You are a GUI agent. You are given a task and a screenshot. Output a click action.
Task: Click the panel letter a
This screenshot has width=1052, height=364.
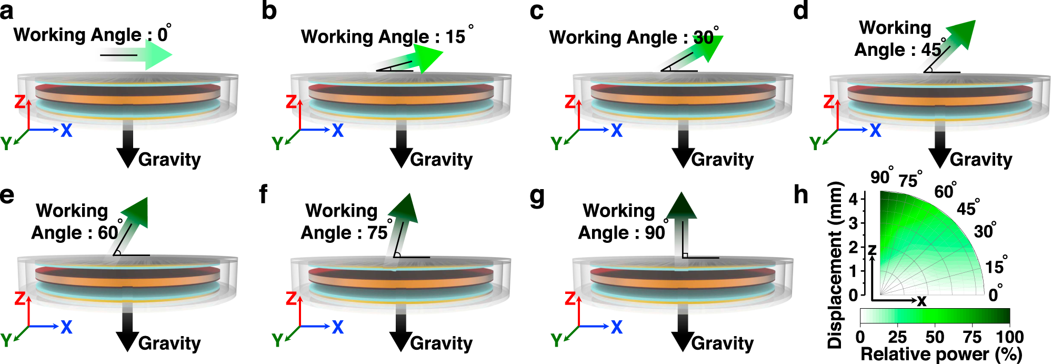pos(7,12)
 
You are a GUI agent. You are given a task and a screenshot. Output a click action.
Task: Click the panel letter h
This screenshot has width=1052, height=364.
pos(801,195)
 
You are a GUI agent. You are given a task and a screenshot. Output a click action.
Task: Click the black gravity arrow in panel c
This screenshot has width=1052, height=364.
pos(683,147)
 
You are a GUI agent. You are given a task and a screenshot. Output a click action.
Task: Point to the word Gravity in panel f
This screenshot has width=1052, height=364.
pos(441,343)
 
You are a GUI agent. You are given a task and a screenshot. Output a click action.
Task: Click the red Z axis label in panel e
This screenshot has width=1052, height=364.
pos(20,299)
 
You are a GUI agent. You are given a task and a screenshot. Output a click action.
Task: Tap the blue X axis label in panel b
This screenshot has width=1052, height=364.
pos(337,130)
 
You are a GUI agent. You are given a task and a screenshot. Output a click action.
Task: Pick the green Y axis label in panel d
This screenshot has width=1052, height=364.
pos(815,143)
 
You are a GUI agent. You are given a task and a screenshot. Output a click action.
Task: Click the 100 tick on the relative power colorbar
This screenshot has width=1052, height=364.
pos(1009,337)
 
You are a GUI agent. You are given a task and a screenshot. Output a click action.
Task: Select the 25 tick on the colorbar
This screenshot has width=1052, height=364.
pos(897,337)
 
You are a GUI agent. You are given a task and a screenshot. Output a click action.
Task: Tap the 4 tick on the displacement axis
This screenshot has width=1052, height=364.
pos(853,199)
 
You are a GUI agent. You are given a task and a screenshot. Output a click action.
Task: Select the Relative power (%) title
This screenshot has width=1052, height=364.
pos(941,355)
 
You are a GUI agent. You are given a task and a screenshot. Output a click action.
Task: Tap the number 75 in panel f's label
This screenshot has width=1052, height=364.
pos(377,233)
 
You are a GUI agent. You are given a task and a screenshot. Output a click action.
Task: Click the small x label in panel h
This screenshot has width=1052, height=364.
pos(921,301)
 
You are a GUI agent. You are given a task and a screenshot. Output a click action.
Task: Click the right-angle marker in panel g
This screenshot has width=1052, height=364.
pos(685,255)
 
